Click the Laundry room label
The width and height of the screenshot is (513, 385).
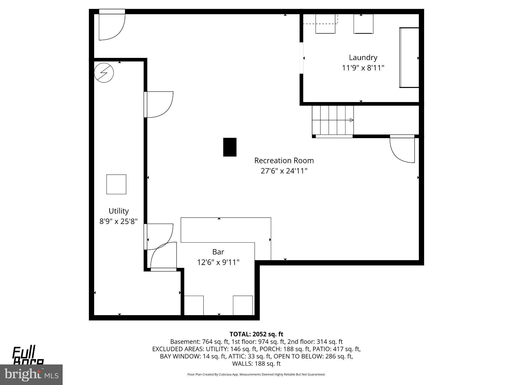click(363, 58)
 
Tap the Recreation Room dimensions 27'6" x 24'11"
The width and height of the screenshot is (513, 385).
click(284, 171)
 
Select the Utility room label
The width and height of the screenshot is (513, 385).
click(118, 211)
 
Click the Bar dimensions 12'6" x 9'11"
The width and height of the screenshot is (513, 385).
click(218, 262)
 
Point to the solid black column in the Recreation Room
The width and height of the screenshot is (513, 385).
click(230, 147)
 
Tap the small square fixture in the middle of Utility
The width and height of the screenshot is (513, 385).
click(116, 184)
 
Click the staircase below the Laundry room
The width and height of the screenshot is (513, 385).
click(332, 120)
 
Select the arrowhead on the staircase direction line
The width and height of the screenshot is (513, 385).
click(351, 120)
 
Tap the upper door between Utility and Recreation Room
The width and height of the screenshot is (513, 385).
click(159, 105)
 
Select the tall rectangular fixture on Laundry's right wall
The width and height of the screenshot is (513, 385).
click(409, 58)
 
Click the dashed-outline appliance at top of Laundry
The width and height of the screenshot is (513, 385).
click(325, 24)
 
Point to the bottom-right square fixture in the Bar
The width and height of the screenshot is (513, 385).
click(243, 305)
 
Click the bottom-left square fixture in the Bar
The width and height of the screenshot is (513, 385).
click(194, 305)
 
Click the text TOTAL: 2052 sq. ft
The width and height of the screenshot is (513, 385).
click(256, 334)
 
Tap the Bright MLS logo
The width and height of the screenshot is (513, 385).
click(31, 374)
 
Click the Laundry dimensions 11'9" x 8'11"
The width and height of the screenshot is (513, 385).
click(363, 68)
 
